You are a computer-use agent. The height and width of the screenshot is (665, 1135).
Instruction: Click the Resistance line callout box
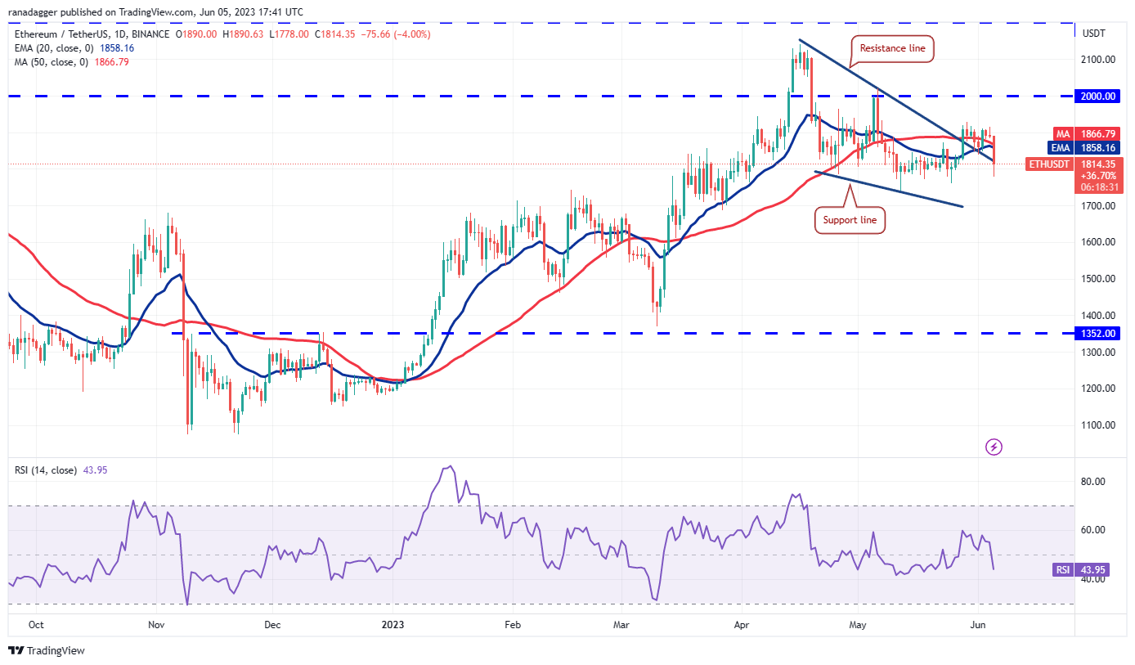point(892,49)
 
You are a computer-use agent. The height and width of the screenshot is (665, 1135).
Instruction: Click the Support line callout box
point(850,219)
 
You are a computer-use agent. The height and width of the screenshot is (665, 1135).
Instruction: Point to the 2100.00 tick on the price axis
point(1098,59)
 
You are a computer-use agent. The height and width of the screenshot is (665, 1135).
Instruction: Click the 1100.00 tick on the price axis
point(1098,425)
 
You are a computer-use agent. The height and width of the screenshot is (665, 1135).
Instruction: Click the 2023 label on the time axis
point(393,625)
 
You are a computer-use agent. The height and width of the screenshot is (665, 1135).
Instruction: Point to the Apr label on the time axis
point(742,625)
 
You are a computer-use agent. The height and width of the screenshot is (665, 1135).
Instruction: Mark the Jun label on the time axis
point(977,625)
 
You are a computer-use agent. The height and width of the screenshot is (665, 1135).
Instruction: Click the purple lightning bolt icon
point(994,447)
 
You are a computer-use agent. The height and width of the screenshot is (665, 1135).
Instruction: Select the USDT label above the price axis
point(1093,34)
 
